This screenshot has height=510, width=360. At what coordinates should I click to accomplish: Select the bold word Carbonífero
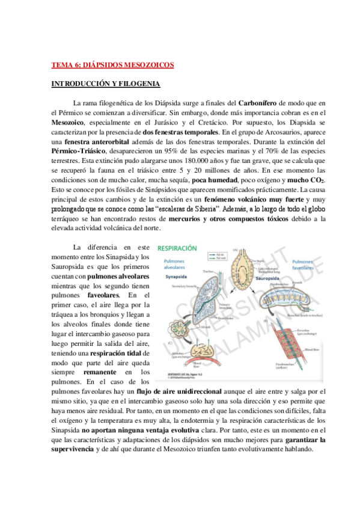point(261,104)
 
